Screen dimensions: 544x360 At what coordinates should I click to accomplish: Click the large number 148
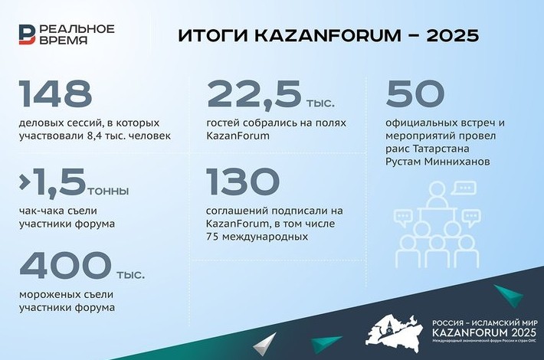55,93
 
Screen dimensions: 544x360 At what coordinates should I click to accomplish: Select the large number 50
415,93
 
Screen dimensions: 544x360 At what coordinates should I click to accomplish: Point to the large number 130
243,181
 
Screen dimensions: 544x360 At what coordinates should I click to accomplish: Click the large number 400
66,265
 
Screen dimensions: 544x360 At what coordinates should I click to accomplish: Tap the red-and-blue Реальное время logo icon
27,34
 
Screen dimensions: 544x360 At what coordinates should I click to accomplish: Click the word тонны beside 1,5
108,191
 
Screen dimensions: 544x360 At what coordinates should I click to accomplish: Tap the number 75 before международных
212,237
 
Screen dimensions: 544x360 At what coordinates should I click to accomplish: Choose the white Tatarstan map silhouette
395,334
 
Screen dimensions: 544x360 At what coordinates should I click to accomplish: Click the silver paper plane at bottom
266,344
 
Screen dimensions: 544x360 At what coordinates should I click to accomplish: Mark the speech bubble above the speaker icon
464,188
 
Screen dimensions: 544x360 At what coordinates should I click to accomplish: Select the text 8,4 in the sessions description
91,136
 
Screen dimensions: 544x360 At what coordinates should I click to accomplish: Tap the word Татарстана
441,149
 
